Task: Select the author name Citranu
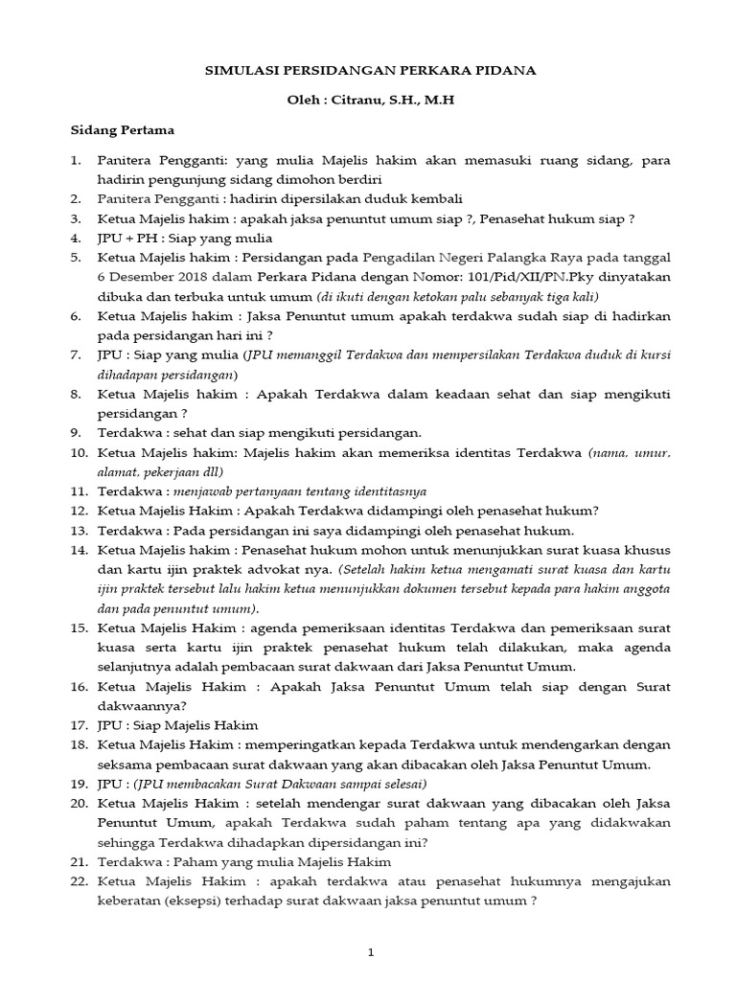pos(359,99)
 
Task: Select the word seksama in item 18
pos(126,764)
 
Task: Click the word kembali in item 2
pos(436,198)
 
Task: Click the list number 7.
pos(79,354)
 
